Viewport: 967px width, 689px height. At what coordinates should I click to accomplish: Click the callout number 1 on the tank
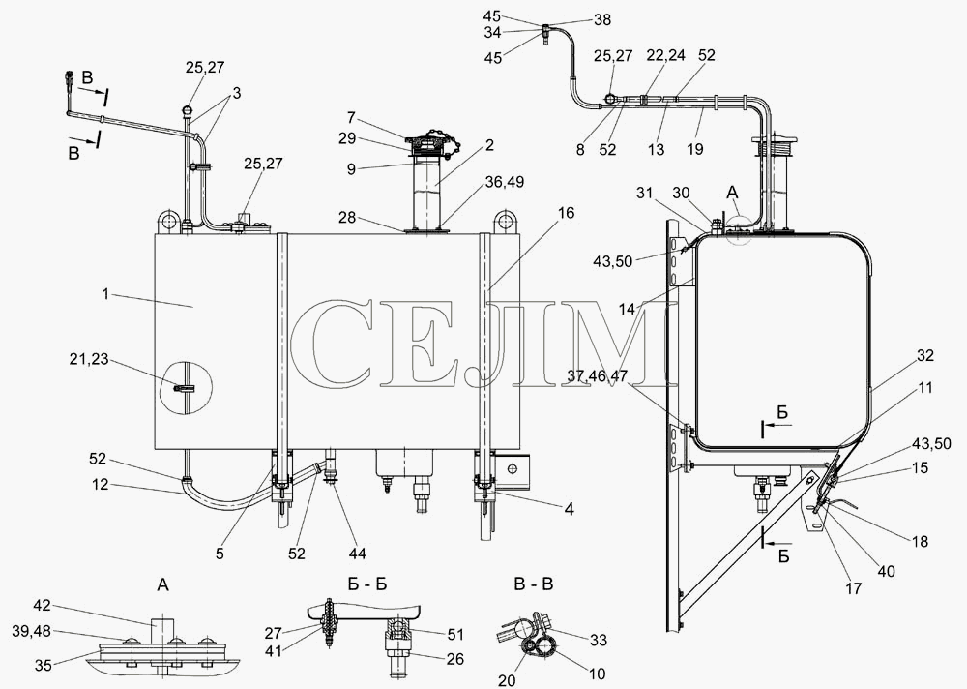[x=105, y=294]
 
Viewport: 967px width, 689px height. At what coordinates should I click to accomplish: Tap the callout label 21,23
[x=90, y=359]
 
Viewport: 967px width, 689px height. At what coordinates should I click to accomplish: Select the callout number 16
[x=566, y=213]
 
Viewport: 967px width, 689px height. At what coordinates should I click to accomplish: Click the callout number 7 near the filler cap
[x=352, y=117]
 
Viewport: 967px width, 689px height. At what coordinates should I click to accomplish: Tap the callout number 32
[x=925, y=355]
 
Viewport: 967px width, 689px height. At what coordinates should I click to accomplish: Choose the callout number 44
[x=358, y=554]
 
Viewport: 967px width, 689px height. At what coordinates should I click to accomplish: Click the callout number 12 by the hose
[x=100, y=485]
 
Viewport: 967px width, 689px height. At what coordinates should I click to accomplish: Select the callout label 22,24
[x=665, y=55]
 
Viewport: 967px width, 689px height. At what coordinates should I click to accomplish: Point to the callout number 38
[x=601, y=19]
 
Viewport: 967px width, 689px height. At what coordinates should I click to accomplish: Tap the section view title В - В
[x=533, y=584]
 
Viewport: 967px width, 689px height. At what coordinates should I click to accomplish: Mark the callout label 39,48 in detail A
[x=32, y=631]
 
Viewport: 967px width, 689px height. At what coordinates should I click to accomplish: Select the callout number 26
[x=455, y=659]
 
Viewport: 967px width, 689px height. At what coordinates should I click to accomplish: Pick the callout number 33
[x=599, y=641]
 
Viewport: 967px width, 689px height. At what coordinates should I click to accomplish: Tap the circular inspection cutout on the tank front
[x=186, y=388]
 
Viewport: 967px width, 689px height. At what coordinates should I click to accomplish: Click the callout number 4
[x=570, y=510]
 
